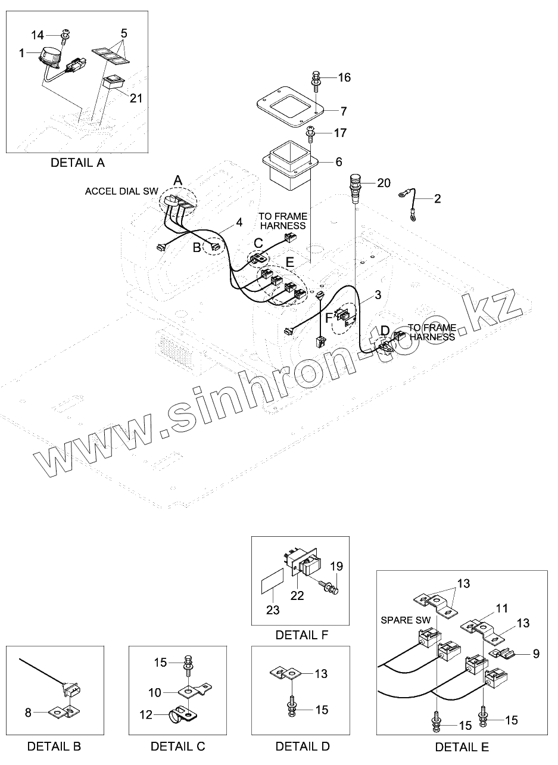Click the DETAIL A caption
coord(77,162)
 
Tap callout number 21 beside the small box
coord(136,98)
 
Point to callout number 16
coord(344,77)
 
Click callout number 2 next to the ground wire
coord(438,199)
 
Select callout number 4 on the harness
coord(239,222)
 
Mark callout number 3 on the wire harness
coord(377,294)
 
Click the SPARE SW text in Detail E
coord(406,620)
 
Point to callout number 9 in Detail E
coord(536,654)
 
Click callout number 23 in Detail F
coord(273,609)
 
